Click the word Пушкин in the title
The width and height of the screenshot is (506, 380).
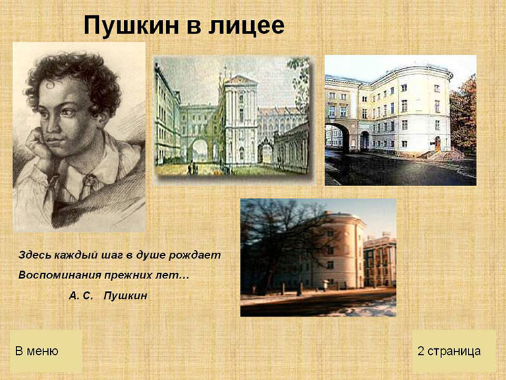pos(131,26)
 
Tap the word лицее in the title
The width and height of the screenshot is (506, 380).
pos(246,26)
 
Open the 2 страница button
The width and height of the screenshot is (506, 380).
pos(454,351)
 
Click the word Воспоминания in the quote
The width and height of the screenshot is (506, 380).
pos(57,275)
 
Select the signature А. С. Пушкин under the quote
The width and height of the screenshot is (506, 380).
pos(108,296)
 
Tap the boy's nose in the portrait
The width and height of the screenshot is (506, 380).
pos(51,125)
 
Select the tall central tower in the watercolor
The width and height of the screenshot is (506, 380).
pos(240,119)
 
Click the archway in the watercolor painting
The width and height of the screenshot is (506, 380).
pos(200,150)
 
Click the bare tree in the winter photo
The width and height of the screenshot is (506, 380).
pos(281,239)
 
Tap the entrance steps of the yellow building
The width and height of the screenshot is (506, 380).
pos(442,154)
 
